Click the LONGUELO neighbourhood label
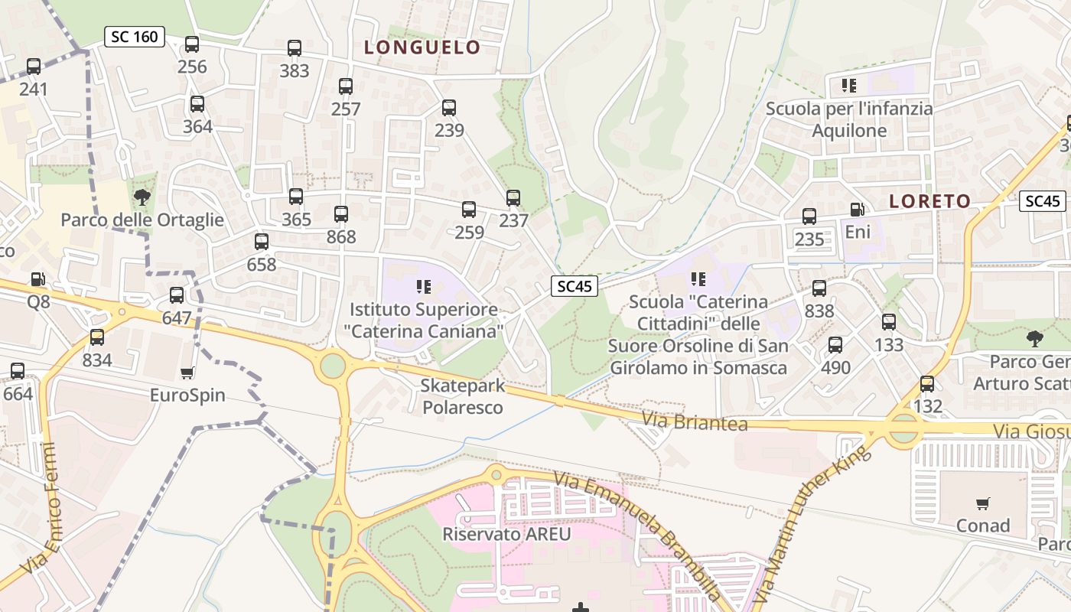422,47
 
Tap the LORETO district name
929,201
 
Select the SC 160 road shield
135,36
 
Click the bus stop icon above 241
33,67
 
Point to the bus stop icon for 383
295,48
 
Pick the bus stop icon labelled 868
341,214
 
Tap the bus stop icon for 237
513,198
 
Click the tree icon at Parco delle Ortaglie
142,197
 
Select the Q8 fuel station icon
38,279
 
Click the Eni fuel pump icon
858,209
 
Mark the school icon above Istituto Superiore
423,287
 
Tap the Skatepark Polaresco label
463,396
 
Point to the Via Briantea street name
694,421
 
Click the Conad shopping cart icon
982,503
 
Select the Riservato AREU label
506,533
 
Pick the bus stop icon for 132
927,383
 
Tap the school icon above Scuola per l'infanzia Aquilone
848,85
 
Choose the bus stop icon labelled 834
97,337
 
